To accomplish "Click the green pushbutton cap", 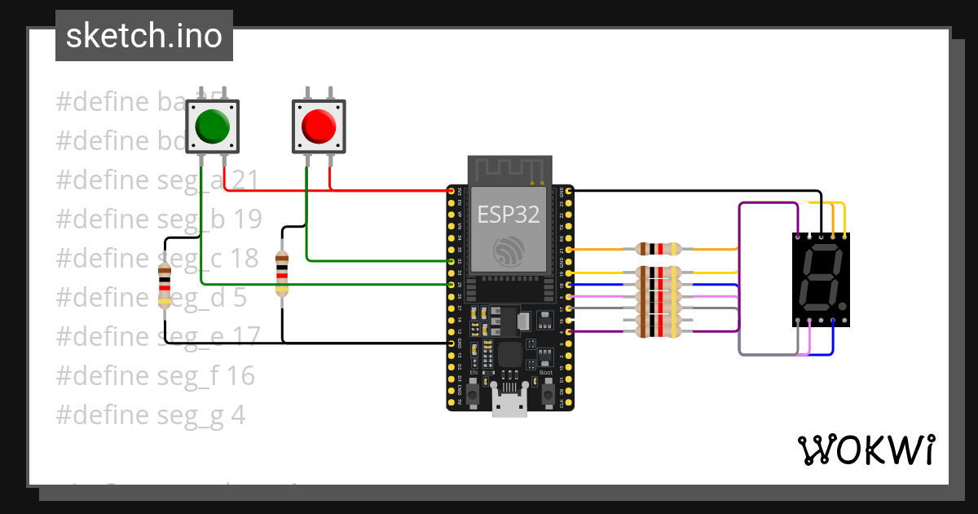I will coord(213,126).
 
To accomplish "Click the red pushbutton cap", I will coord(319,126).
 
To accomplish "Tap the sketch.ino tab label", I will coord(144,36).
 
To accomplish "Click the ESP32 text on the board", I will coord(509,215).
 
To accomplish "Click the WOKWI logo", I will coord(866,450).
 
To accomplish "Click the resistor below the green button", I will coord(165,286).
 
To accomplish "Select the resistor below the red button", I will coord(282,273).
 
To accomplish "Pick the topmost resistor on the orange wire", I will coord(658,249).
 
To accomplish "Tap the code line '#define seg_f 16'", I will coord(155,375).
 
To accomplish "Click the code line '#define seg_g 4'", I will coord(151,415).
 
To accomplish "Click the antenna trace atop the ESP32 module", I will coord(509,172).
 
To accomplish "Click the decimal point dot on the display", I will coord(841,309).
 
